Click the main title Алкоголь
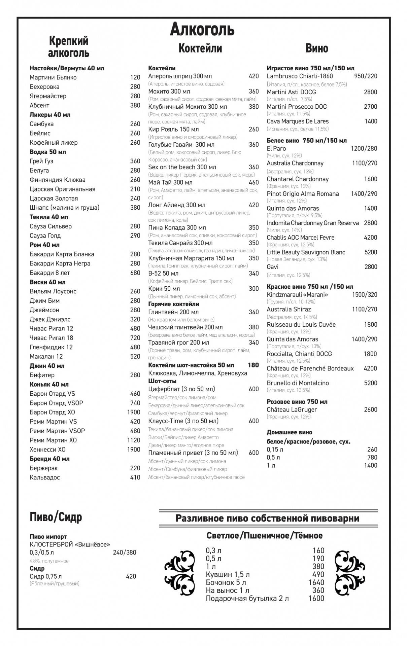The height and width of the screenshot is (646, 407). tap(202, 29)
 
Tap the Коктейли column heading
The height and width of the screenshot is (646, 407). tap(200, 48)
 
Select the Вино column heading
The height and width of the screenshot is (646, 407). tap(316, 48)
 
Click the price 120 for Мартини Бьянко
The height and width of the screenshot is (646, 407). tap(135, 77)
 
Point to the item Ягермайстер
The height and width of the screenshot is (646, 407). tap(48, 96)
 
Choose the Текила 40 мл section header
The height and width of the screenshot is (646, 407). tap(49, 217)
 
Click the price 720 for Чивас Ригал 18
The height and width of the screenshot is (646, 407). tap(135, 338)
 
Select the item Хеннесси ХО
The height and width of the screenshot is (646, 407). tap(47, 450)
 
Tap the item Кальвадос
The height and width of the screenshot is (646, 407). tap(45, 477)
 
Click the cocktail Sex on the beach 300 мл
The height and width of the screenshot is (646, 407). tap(182, 167)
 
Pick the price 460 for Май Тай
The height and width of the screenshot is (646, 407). tap(253, 182)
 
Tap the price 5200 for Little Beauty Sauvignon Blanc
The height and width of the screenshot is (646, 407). tap(371, 252)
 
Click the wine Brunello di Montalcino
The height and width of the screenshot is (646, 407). tap(298, 383)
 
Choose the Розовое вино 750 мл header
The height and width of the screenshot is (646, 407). tap(297, 402)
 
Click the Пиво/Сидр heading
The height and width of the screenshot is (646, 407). tap(56, 517)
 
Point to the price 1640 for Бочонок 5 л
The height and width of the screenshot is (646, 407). tap(316, 582)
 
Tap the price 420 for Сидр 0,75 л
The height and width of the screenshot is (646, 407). tap(131, 576)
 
